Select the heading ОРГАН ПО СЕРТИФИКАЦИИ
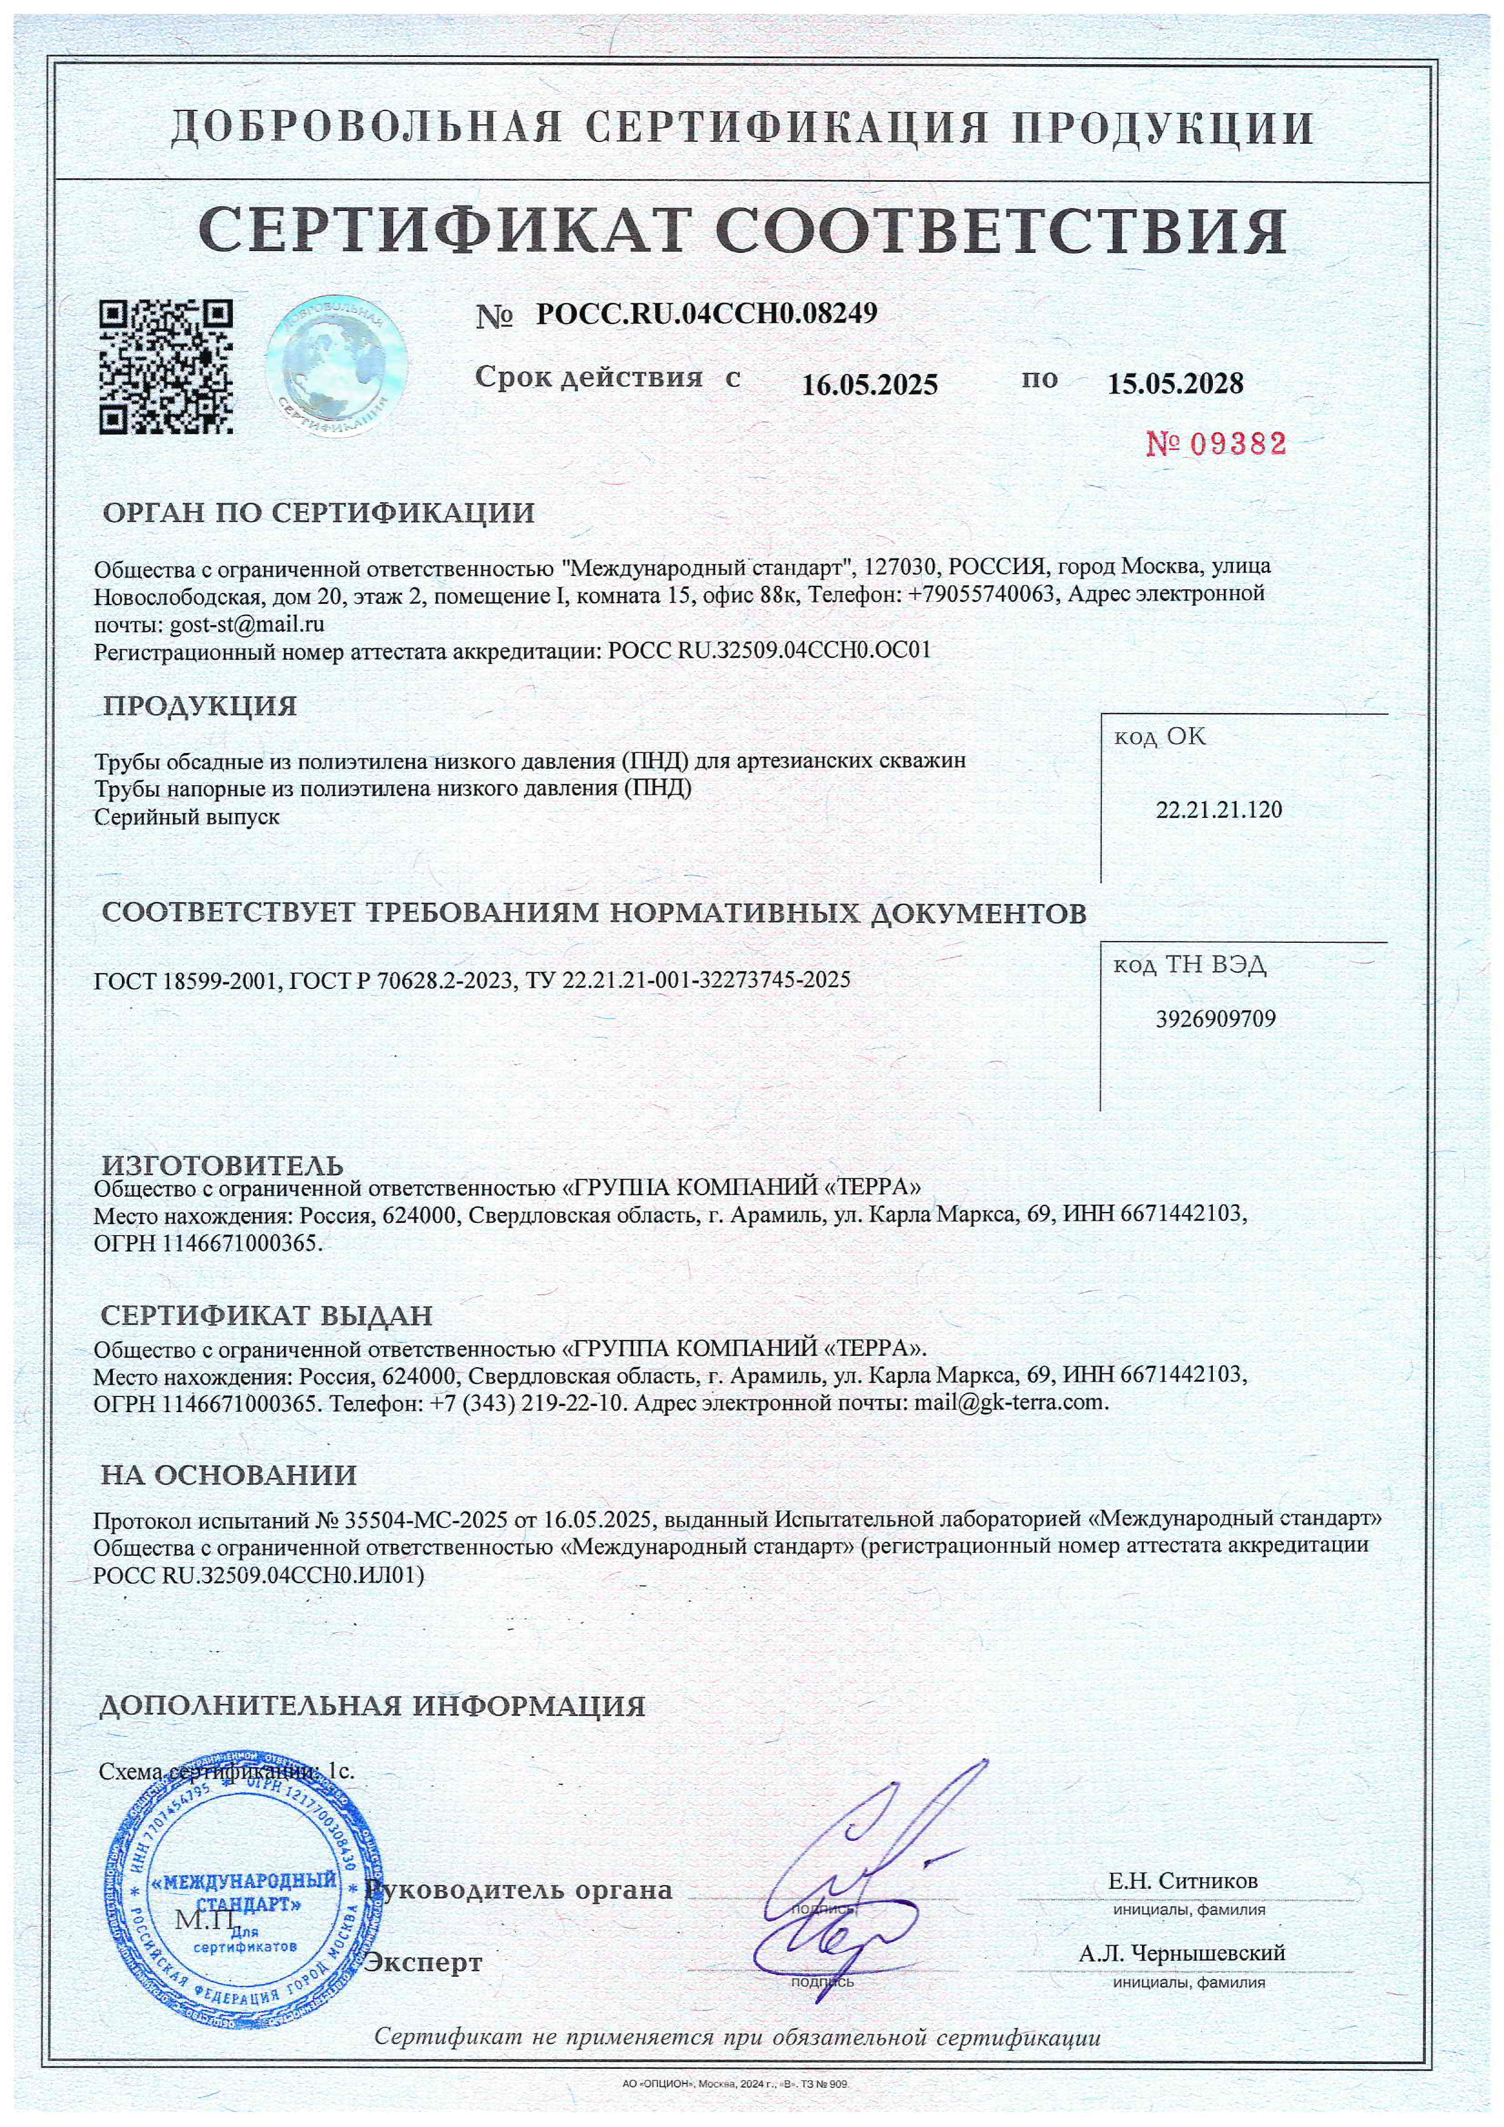tap(318, 512)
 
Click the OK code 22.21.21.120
tap(1218, 809)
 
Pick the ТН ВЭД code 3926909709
tap(1216, 1019)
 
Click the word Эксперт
tap(423, 1962)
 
